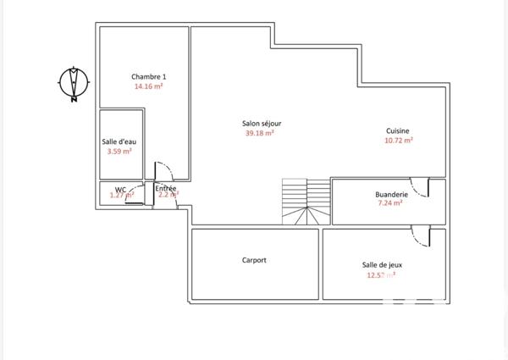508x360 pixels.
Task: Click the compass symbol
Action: click(75, 83)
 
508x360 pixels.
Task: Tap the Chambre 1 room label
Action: click(148, 76)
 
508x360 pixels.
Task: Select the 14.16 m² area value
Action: click(148, 86)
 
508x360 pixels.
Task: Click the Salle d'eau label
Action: click(119, 141)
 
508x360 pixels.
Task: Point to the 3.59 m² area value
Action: click(119, 152)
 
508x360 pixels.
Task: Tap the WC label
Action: click(120, 188)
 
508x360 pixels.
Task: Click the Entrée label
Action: click(166, 187)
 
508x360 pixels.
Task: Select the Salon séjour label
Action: click(262, 123)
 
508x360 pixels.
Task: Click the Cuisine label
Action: click(399, 130)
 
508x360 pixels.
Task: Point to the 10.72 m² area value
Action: click(399, 141)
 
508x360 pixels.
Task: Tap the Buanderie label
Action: click(391, 194)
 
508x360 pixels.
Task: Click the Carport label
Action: click(254, 260)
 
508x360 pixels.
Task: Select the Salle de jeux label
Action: click(381, 264)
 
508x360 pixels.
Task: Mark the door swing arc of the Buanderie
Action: click(419, 187)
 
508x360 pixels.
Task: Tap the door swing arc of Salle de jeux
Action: click(419, 235)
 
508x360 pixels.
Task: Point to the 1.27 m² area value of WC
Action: click(122, 196)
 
